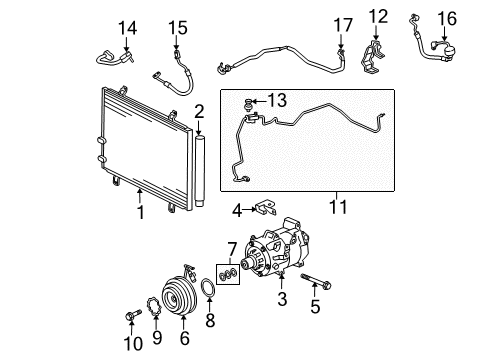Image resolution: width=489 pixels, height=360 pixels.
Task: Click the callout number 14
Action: (127, 28)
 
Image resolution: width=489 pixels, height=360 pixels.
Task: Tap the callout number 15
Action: (178, 28)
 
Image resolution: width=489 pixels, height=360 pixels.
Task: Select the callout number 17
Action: (343, 25)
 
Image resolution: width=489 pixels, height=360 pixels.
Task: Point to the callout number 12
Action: (378, 17)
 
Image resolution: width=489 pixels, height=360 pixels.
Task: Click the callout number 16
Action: (447, 18)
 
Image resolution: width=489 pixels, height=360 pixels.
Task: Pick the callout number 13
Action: (277, 100)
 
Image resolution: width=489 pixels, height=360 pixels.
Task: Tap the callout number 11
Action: (338, 207)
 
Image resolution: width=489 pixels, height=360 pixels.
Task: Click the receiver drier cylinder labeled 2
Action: (200, 171)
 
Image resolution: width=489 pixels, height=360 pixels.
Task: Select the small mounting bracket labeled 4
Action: (266, 208)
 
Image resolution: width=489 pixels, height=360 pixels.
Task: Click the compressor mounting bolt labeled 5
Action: (316, 281)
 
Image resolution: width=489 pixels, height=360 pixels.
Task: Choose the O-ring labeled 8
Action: (209, 288)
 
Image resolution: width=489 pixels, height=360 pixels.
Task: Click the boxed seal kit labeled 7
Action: (228, 274)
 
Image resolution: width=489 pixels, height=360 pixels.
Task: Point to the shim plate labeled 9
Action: (154, 307)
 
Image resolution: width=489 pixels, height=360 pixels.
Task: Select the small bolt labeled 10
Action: (133, 315)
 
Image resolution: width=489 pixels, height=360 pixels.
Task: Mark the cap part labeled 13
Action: (248, 103)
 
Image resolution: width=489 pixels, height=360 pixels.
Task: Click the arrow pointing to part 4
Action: (249, 209)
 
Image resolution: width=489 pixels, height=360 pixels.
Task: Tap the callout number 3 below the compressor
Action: (282, 299)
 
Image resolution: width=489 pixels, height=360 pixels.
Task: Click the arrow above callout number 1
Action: (140, 196)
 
